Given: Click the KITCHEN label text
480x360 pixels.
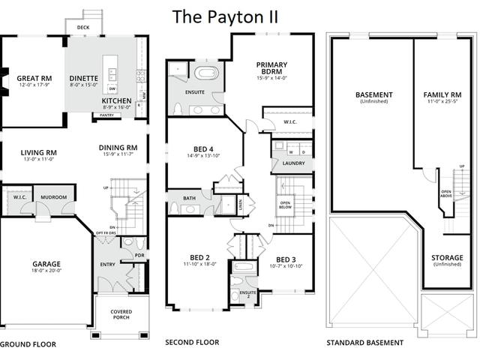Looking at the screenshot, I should tap(117, 100).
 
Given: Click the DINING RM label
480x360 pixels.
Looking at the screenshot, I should tap(118, 147).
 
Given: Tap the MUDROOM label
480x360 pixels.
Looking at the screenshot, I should tap(54, 197).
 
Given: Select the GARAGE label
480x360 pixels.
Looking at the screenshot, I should tap(46, 264).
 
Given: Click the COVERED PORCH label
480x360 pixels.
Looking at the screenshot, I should tap(121, 313).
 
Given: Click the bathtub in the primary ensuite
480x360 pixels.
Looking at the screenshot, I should tap(205, 73).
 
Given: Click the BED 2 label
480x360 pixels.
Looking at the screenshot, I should tap(199, 257).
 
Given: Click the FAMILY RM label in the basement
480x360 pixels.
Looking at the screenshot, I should tap(442, 94).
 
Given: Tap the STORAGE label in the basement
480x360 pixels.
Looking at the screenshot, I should tap(447, 258).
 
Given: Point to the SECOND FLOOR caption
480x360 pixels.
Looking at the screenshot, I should tap(192, 342).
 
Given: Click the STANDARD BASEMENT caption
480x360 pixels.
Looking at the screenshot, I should tap(364, 343).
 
